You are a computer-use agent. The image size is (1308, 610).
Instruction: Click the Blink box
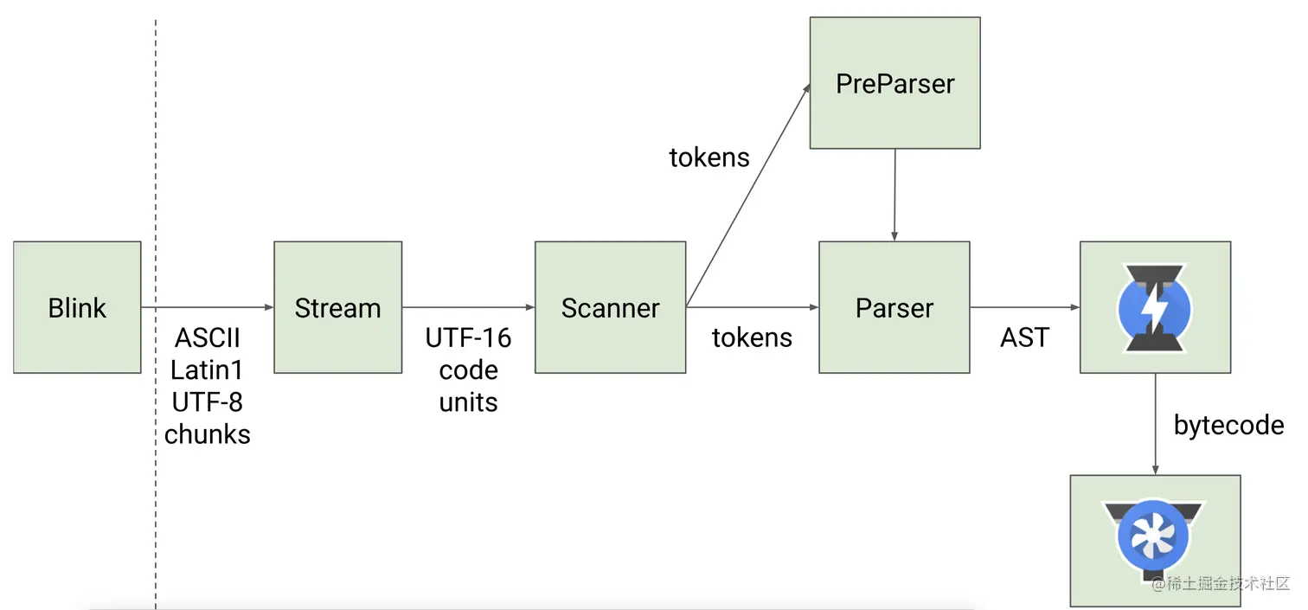pyautogui.click(x=77, y=307)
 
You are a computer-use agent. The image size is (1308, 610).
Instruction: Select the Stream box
pyautogui.click(x=337, y=307)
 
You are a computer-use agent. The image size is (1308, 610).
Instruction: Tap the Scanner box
pyautogui.click(x=610, y=307)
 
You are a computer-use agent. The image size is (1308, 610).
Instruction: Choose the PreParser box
pyautogui.click(x=894, y=83)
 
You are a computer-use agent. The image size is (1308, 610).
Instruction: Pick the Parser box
pyautogui.click(x=894, y=307)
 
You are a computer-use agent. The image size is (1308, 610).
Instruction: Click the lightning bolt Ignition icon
pyautogui.click(x=1155, y=307)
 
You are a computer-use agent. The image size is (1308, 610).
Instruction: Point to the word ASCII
pyautogui.click(x=208, y=338)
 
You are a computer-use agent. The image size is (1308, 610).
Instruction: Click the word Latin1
pyautogui.click(x=207, y=370)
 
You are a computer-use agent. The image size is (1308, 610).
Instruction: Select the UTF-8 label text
pyautogui.click(x=207, y=402)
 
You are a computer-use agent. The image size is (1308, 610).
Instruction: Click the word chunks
pyautogui.click(x=208, y=433)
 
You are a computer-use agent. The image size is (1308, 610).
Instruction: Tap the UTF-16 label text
pyautogui.click(x=468, y=338)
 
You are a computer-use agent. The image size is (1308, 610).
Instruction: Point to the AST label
pyautogui.click(x=1024, y=337)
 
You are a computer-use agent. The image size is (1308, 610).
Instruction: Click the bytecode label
pyautogui.click(x=1228, y=425)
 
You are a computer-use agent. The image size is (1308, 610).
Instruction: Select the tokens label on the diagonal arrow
pyautogui.click(x=709, y=157)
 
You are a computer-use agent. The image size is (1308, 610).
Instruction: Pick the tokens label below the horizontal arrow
pyautogui.click(x=752, y=337)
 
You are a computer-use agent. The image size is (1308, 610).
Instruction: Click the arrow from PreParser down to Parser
pyautogui.click(x=894, y=195)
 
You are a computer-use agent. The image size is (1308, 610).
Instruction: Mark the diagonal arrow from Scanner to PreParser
pyautogui.click(x=748, y=196)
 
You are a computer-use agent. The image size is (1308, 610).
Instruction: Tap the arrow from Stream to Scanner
pyautogui.click(x=468, y=307)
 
